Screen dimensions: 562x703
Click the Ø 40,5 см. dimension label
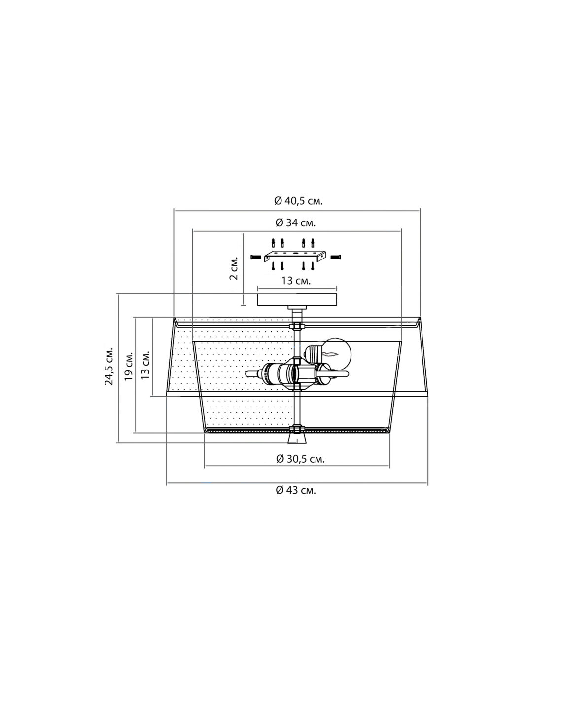click(298, 201)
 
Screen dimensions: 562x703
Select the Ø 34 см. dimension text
click(295, 223)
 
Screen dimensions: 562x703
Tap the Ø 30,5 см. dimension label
click(300, 459)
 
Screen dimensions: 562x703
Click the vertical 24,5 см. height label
click(109, 367)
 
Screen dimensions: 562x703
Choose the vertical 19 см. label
click(128, 366)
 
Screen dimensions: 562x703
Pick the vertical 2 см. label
click(234, 267)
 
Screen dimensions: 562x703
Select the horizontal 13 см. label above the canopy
click(296, 280)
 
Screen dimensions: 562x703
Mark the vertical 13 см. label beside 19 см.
click(145, 365)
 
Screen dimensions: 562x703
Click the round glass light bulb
click(338, 352)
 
